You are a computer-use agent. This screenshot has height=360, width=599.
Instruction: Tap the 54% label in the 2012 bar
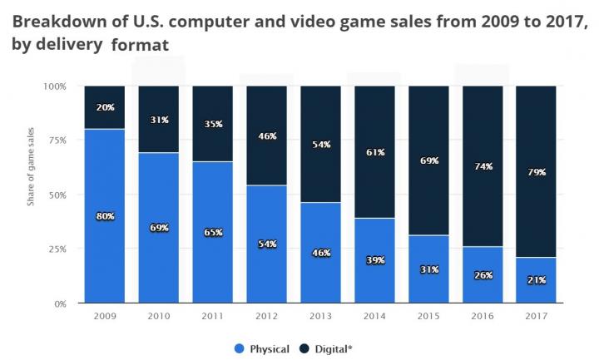point(268,244)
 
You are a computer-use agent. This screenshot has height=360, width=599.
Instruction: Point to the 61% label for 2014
point(375,151)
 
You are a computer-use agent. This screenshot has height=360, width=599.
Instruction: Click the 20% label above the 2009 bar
point(106,106)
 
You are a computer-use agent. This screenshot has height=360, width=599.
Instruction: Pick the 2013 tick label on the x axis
point(320,317)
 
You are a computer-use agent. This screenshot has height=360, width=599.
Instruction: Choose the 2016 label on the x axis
point(483,317)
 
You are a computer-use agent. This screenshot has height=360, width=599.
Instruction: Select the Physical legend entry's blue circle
point(240,348)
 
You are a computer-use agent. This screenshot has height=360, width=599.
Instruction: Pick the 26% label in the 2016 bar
point(483,275)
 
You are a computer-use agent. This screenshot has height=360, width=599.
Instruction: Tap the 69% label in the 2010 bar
point(159,227)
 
